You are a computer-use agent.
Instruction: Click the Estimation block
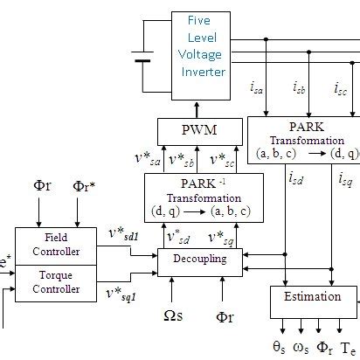312,297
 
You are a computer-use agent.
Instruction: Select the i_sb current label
301,88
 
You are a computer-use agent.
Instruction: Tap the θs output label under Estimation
279,347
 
